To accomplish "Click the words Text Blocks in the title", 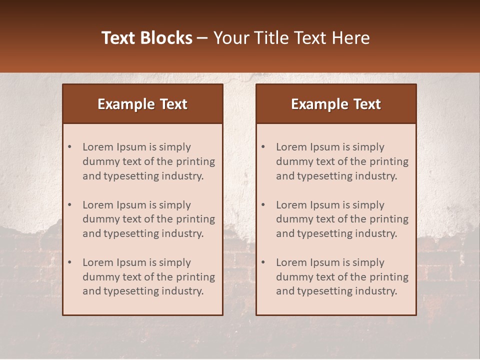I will (146, 38).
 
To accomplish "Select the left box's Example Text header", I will (142, 104).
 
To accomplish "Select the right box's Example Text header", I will (336, 104).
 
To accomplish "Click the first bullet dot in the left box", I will (70, 147).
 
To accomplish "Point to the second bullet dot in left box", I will (70, 205).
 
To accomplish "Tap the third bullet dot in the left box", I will (70, 262).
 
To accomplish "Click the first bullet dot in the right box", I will (263, 147).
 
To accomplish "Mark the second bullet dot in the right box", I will (263, 205).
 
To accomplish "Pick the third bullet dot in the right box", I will (263, 262).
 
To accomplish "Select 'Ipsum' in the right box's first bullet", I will (325, 147).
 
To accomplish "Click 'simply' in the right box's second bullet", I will (368, 205).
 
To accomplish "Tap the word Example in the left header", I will (126, 104).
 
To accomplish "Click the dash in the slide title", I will (202, 38).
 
